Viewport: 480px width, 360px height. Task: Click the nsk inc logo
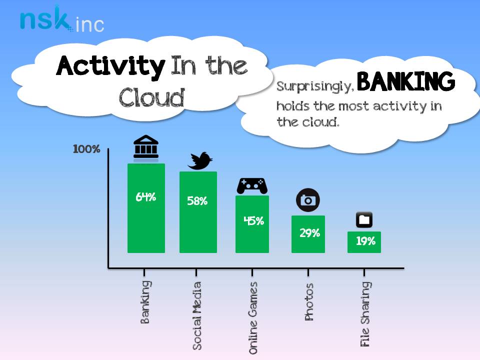pos(61,19)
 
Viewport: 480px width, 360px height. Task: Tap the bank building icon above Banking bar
pos(145,148)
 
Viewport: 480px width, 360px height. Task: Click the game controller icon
pos(251,185)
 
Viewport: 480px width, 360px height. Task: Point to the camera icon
pos(307,200)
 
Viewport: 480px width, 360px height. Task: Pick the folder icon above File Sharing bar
pos(364,220)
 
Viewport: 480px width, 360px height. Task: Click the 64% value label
pos(145,197)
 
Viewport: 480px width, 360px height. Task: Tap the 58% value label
pos(197,201)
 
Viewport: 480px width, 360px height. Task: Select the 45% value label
pos(253,220)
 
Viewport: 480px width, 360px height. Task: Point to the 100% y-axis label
pos(87,149)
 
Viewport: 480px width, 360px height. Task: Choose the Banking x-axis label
pos(145,302)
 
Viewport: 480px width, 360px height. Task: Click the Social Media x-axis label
pos(197,315)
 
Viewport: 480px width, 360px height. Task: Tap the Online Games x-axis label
pos(253,318)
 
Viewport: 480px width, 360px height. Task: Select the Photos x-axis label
pos(309,302)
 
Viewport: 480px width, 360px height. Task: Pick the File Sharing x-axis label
pos(365,314)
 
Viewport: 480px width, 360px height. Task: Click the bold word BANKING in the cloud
pos(406,82)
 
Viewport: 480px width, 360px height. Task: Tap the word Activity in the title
pos(110,66)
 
